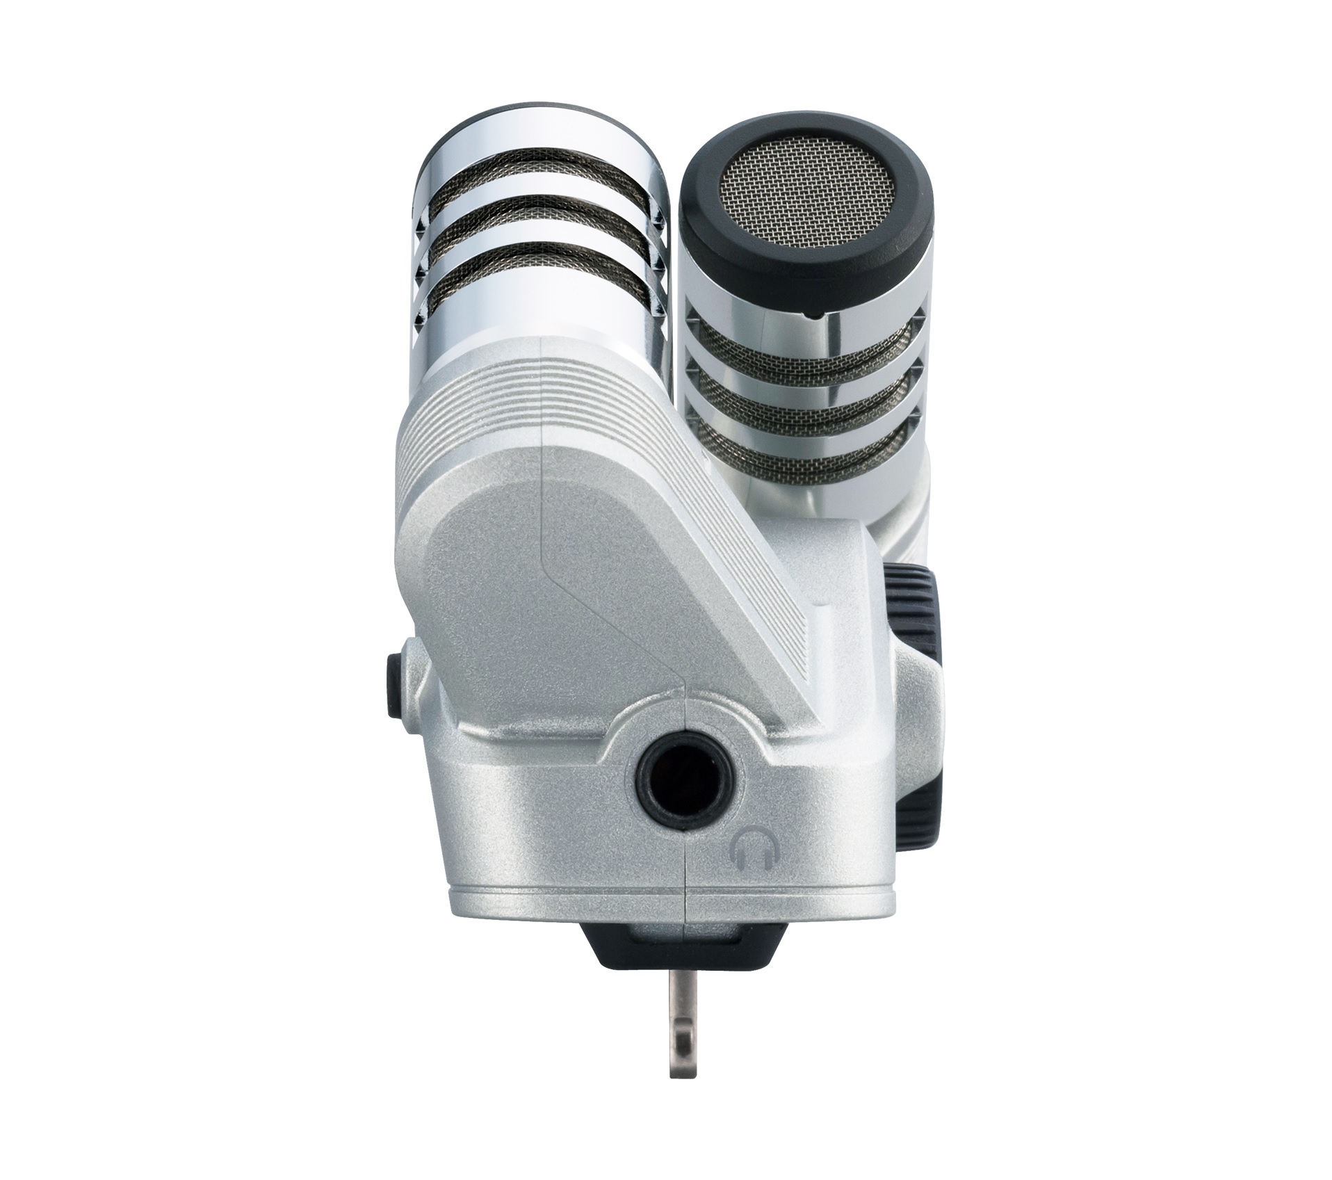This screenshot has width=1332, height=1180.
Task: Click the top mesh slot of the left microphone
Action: click(539, 183)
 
